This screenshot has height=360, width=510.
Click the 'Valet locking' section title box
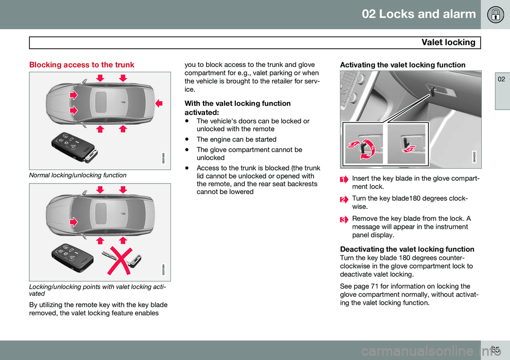pyautogui.click(x=255, y=43)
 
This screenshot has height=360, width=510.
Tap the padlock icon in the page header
pyautogui.click(x=495, y=14)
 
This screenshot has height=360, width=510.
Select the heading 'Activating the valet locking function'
pyautogui.click(x=403, y=65)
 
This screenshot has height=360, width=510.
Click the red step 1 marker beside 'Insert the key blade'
pyautogui.click(x=344, y=180)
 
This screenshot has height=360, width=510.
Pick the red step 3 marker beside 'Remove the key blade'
pyautogui.click(x=344, y=219)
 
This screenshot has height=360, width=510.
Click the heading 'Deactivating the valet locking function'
pyautogui.click(x=407, y=249)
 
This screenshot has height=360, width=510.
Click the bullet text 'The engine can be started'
pyautogui.click(x=236, y=139)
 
